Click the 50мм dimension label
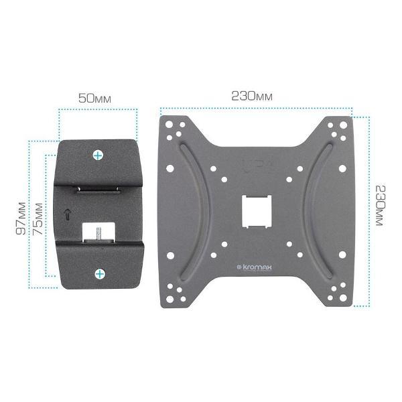click(94, 98)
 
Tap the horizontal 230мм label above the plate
click(252, 96)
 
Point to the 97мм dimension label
click(21, 218)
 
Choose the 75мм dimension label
click(38, 219)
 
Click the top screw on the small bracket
click(98, 155)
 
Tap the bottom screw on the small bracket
click(100, 274)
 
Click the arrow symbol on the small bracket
click(67, 214)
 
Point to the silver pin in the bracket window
click(98, 232)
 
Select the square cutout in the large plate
click(257, 212)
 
